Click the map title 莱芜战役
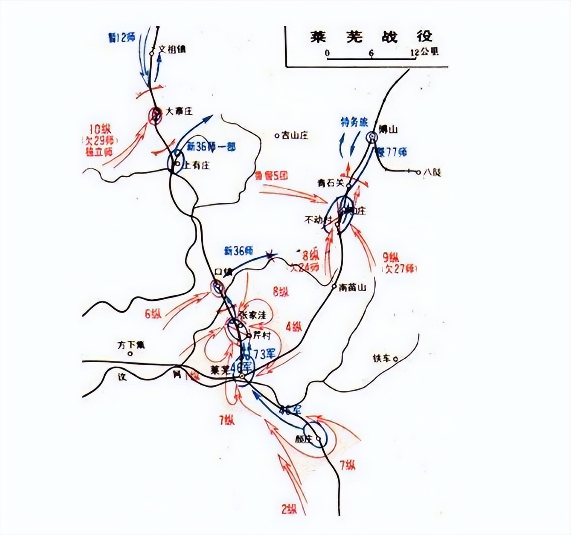coord(371,37)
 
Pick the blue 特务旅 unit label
coord(354,122)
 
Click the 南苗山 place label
coord(352,288)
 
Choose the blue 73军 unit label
coord(264,354)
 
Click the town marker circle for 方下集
coord(130,353)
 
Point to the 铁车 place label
coord(382,358)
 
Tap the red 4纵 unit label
coord(294,326)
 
